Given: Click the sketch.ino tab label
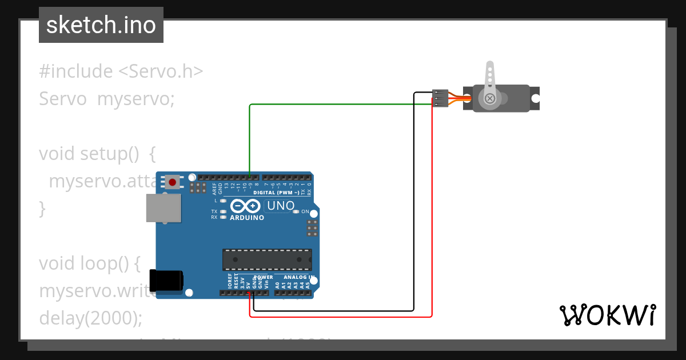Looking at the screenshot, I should [x=101, y=25].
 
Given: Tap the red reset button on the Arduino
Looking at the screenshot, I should [x=171, y=182].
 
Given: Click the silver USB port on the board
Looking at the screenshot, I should [x=163, y=207].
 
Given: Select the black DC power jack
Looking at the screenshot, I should [x=166, y=280].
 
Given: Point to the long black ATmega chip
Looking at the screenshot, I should [x=267, y=259].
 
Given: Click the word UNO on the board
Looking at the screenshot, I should [x=281, y=206].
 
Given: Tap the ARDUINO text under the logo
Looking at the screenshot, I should [x=247, y=218].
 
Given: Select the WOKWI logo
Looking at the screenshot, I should [x=608, y=315].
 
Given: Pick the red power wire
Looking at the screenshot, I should [x=432, y=229].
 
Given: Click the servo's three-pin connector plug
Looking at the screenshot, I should [x=440, y=98].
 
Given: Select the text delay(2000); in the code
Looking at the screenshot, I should [x=90, y=318].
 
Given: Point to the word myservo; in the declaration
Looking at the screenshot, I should [x=135, y=99].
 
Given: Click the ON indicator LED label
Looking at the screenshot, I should [x=305, y=211].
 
